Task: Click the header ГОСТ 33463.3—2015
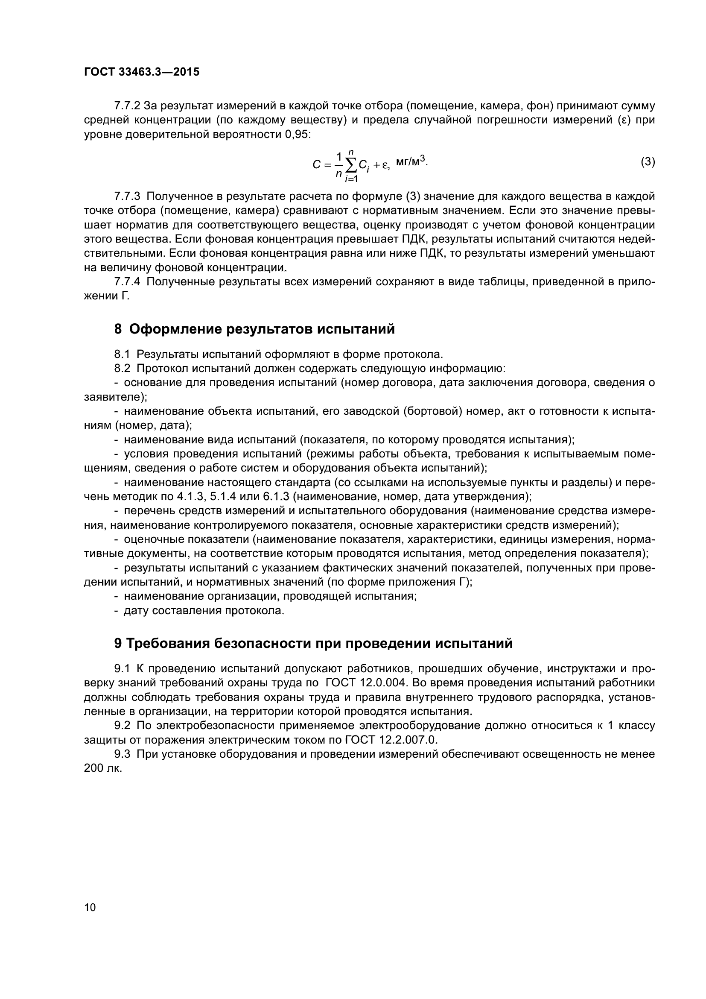pos(141,72)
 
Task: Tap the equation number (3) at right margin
pos(648,162)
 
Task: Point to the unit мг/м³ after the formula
pos(411,162)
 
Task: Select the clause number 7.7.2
pos(127,106)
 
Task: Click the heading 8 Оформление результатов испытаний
pos(254,329)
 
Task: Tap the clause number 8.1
pos(122,354)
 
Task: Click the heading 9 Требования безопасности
pos(313,643)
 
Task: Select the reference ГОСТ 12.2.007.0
pos(391,740)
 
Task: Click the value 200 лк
pos(102,768)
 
